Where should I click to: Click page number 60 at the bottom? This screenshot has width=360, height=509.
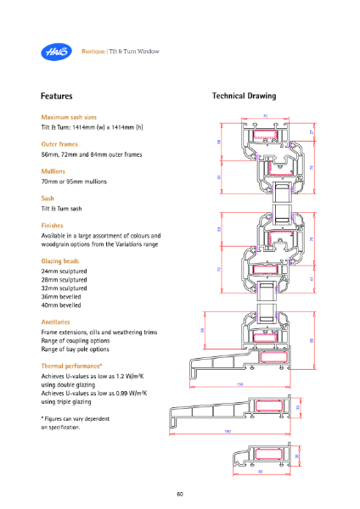(x=180, y=495)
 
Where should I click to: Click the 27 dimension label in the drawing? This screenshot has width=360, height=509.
(x=313, y=132)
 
